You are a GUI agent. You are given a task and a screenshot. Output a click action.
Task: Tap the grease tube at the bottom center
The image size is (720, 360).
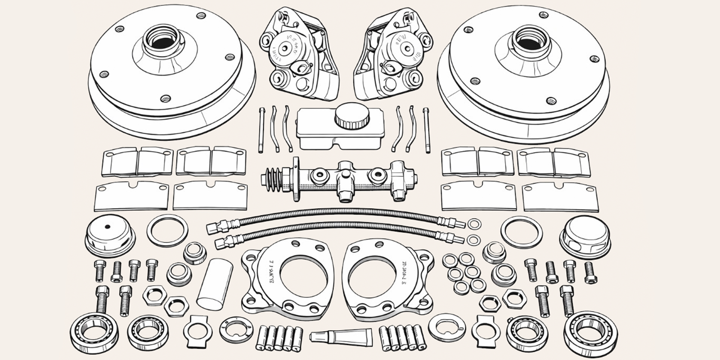[341, 335]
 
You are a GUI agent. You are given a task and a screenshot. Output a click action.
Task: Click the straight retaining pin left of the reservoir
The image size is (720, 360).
[261, 130]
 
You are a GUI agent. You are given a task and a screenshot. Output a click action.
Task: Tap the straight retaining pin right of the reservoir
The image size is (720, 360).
[425, 130]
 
